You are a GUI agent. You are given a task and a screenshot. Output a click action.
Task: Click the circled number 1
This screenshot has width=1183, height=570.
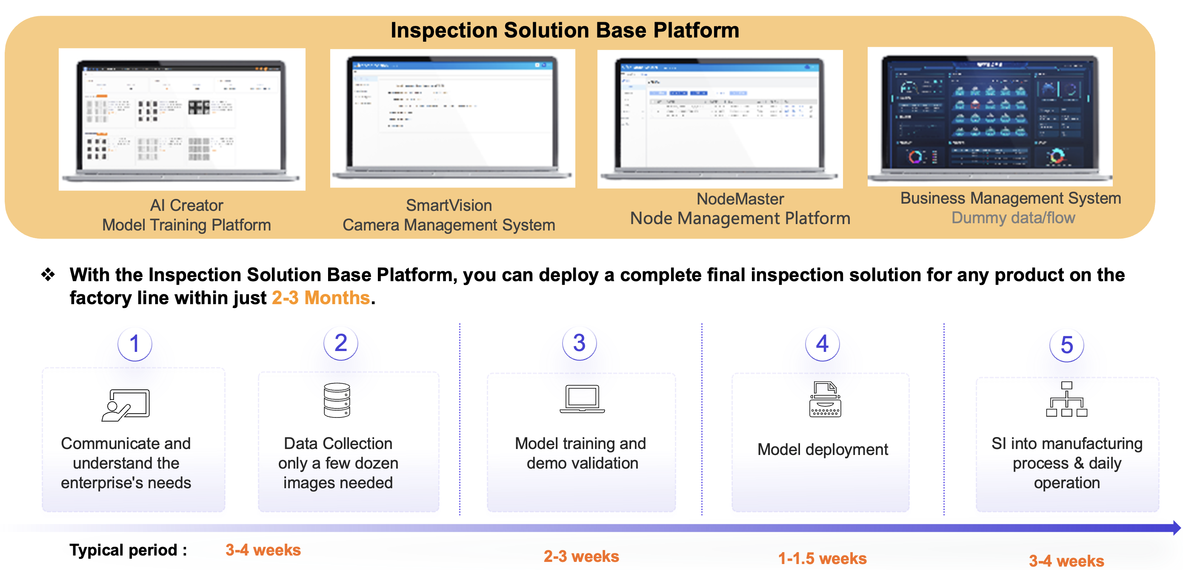[x=134, y=344]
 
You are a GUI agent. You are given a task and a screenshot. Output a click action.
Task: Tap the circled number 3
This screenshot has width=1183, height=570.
[x=579, y=343]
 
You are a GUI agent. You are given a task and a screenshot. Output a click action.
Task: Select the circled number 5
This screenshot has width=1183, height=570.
[x=1066, y=345]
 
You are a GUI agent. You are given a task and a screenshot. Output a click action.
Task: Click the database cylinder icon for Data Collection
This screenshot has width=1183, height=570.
[x=337, y=400]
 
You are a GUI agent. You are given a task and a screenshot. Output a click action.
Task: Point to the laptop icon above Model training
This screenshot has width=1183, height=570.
[x=582, y=399]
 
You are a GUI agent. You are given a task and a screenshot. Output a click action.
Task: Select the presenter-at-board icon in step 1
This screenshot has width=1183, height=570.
[x=126, y=405]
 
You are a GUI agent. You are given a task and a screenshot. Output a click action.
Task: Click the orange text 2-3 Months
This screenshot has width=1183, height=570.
[x=320, y=298]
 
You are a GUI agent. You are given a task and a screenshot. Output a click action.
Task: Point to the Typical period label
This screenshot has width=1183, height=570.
[x=128, y=550]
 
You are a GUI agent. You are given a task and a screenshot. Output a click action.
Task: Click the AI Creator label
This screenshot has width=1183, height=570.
[x=186, y=205]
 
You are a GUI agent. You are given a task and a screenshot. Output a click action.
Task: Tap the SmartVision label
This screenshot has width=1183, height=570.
[x=449, y=205]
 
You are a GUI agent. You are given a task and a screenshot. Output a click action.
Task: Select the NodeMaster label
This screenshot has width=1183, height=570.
[x=740, y=199]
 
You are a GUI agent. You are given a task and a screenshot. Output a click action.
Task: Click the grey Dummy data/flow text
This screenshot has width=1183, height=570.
[x=1013, y=217]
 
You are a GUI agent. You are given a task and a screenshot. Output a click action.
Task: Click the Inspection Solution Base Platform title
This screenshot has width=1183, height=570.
[x=564, y=30]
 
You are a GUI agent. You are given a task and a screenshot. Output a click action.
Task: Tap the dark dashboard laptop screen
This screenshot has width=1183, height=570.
[x=990, y=115]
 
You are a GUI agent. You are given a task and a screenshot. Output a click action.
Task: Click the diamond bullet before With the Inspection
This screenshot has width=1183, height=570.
[x=48, y=274]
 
